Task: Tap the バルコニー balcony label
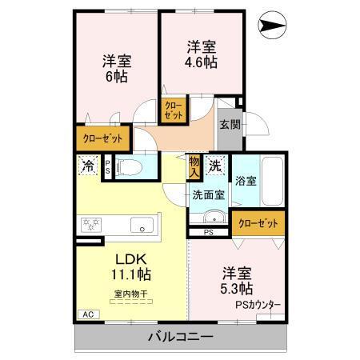(x=180, y=337)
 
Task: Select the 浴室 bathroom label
(x=245, y=181)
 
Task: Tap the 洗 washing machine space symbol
(x=215, y=166)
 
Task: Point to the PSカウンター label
(x=258, y=304)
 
